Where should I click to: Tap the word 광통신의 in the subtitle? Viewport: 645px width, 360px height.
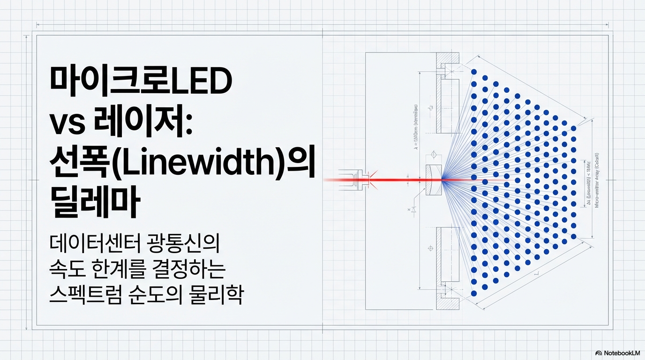pos(187,245)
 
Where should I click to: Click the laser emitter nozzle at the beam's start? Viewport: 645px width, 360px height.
pos(359,180)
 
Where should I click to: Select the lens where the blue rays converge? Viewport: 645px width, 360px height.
pos(433,180)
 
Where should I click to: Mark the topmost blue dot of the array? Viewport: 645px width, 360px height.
pos(473,72)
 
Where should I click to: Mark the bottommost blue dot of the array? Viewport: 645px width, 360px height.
pos(473,293)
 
